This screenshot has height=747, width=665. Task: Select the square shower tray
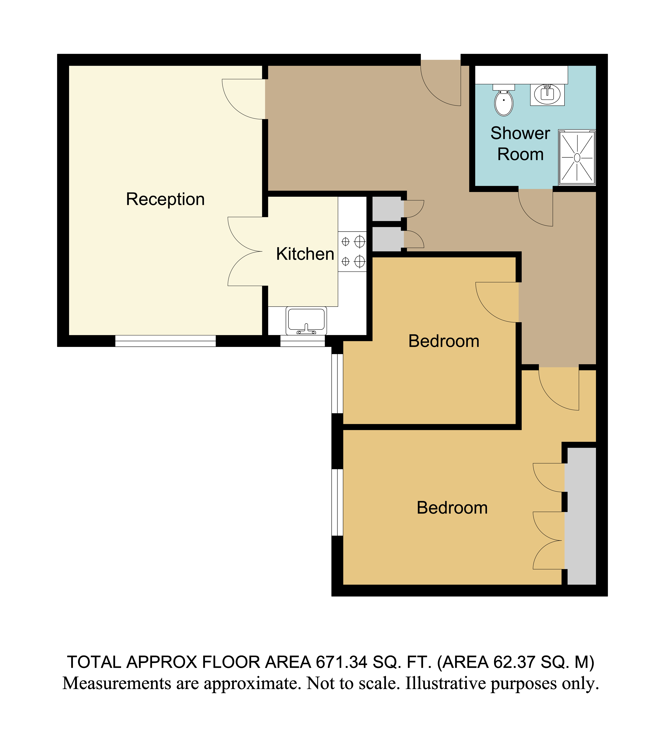click(577, 157)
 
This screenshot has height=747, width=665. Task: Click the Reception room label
click(165, 199)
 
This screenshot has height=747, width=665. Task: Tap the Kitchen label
click(305, 254)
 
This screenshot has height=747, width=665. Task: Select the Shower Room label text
click(520, 144)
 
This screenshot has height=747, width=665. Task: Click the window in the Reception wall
click(166, 341)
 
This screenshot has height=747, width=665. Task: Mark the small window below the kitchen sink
click(303, 341)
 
